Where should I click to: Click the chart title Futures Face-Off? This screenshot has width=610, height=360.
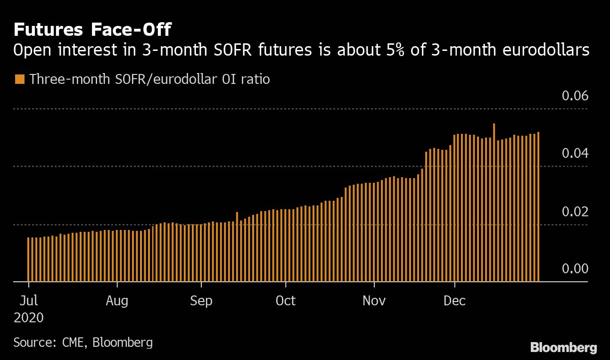tap(92, 30)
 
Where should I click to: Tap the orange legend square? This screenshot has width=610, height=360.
tap(19, 79)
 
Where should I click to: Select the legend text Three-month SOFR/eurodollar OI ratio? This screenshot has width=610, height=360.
tap(149, 79)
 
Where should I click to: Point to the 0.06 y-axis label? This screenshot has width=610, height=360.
tap(575, 96)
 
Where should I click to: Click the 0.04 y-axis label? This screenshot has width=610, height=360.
tap(575, 154)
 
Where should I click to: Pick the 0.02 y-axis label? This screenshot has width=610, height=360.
tap(575, 212)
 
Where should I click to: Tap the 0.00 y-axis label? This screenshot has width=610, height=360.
tap(575, 269)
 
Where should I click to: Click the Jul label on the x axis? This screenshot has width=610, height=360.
tap(29, 301)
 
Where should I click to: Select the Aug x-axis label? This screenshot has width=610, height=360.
tap(117, 301)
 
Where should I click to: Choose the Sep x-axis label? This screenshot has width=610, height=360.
tap(201, 301)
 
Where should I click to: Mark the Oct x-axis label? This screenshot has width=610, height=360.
tap(286, 301)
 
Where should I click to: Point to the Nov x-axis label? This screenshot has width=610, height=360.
tap(374, 301)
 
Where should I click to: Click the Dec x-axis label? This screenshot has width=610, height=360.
tap(455, 301)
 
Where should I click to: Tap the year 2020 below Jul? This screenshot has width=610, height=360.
tap(29, 318)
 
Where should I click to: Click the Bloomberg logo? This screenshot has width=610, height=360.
tap(563, 348)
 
